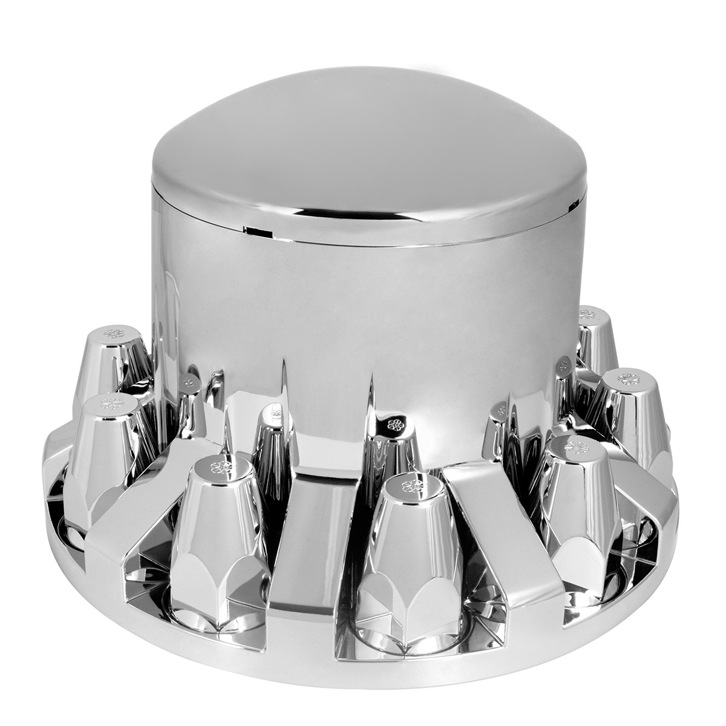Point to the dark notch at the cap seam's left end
(254, 230)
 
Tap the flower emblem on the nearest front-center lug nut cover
(411, 484)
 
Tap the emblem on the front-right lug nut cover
(571, 446)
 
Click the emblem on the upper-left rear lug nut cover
(112, 333)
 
